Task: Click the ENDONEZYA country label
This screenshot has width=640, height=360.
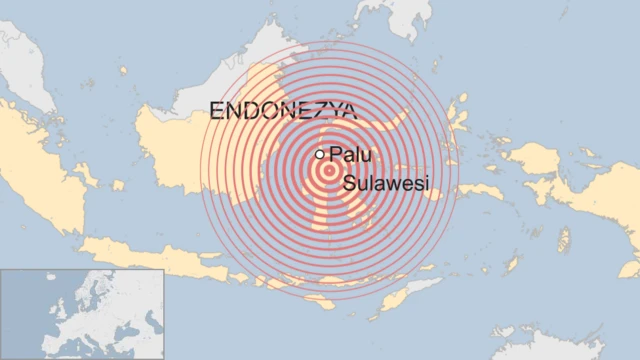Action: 282,111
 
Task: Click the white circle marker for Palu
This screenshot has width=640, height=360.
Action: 319,154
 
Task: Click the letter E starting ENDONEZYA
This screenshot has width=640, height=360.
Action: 216,111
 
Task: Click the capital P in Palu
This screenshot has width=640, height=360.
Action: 334,156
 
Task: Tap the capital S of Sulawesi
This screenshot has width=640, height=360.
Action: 348,183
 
